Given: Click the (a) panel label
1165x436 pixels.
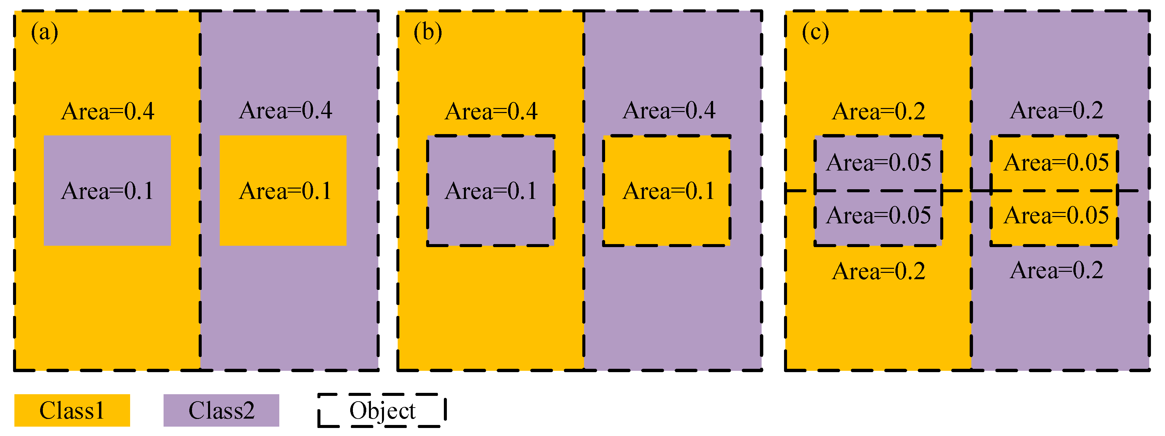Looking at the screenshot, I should [x=44, y=32].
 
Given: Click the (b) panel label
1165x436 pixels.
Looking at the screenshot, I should [x=427, y=32].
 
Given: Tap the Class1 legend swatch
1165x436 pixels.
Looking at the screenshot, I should [x=72, y=410].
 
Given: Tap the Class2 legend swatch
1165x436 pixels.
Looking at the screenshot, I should [x=221, y=410].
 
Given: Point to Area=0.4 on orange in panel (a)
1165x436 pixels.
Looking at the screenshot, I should [x=108, y=111].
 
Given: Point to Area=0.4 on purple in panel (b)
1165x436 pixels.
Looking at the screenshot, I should [x=669, y=110].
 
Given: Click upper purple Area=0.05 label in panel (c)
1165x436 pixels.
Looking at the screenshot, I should [x=878, y=163].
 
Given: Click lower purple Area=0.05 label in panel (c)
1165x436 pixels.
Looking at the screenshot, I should [x=878, y=215].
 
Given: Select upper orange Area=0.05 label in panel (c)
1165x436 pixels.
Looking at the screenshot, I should [x=1056, y=163].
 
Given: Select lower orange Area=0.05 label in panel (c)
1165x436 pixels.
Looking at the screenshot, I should [x=1056, y=215].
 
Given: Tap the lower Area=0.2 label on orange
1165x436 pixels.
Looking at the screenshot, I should [x=878, y=271].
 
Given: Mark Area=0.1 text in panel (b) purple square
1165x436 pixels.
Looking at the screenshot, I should [x=490, y=191].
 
